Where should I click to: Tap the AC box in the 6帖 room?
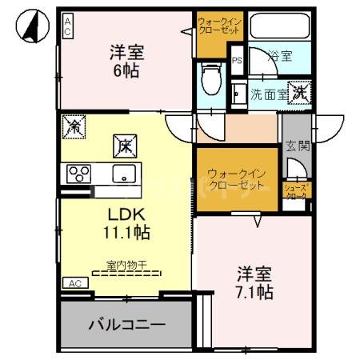[x=68, y=26]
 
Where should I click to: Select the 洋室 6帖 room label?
[x=126, y=62]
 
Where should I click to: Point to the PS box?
[x=236, y=60]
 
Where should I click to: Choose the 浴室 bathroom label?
[x=280, y=56]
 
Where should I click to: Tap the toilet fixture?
[x=211, y=78]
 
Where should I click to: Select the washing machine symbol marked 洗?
[x=300, y=92]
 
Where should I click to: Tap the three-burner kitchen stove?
[x=78, y=174]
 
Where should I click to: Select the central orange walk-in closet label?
[x=236, y=179]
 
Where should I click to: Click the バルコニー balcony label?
[x=126, y=326]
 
